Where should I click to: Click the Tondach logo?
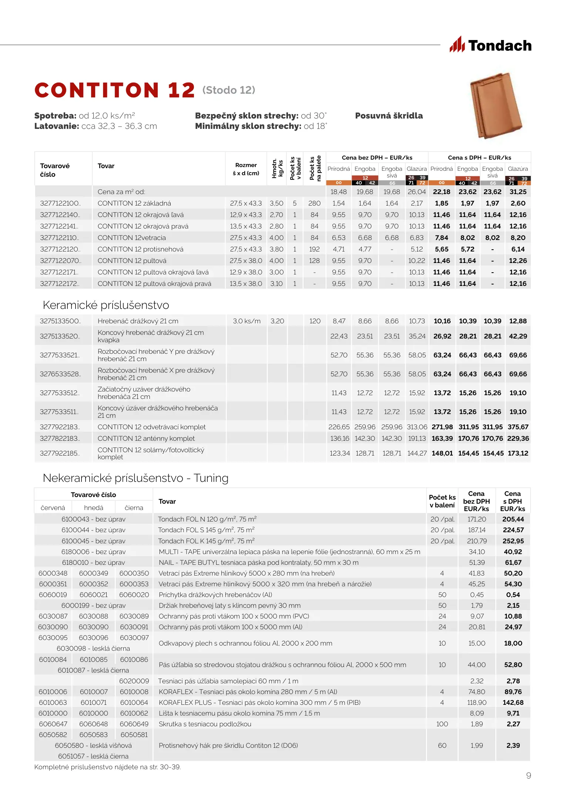coord(491,45)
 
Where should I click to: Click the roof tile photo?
coord(496,105)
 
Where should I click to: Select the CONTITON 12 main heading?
coord(114,90)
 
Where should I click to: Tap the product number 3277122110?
coord(60,238)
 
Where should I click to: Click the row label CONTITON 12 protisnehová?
coord(140,249)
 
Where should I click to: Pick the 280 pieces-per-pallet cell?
coord(314,203)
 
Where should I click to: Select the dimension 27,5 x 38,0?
coord(246,261)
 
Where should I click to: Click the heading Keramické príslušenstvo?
coord(106,305)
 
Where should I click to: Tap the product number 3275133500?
coord(60,321)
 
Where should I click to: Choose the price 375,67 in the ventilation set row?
coord(518,427)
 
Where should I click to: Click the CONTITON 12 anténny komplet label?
coord(146,439)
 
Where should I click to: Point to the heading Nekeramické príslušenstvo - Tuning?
coord(135,478)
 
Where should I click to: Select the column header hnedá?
coord(94,508)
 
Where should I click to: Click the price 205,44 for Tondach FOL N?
coord(513,519)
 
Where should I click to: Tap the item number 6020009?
coord(134,681)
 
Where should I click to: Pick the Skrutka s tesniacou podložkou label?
coord(205,724)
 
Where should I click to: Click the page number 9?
coord(529,776)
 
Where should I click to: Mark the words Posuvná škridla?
coord(389,116)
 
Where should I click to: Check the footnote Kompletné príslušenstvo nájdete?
coord(107,767)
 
